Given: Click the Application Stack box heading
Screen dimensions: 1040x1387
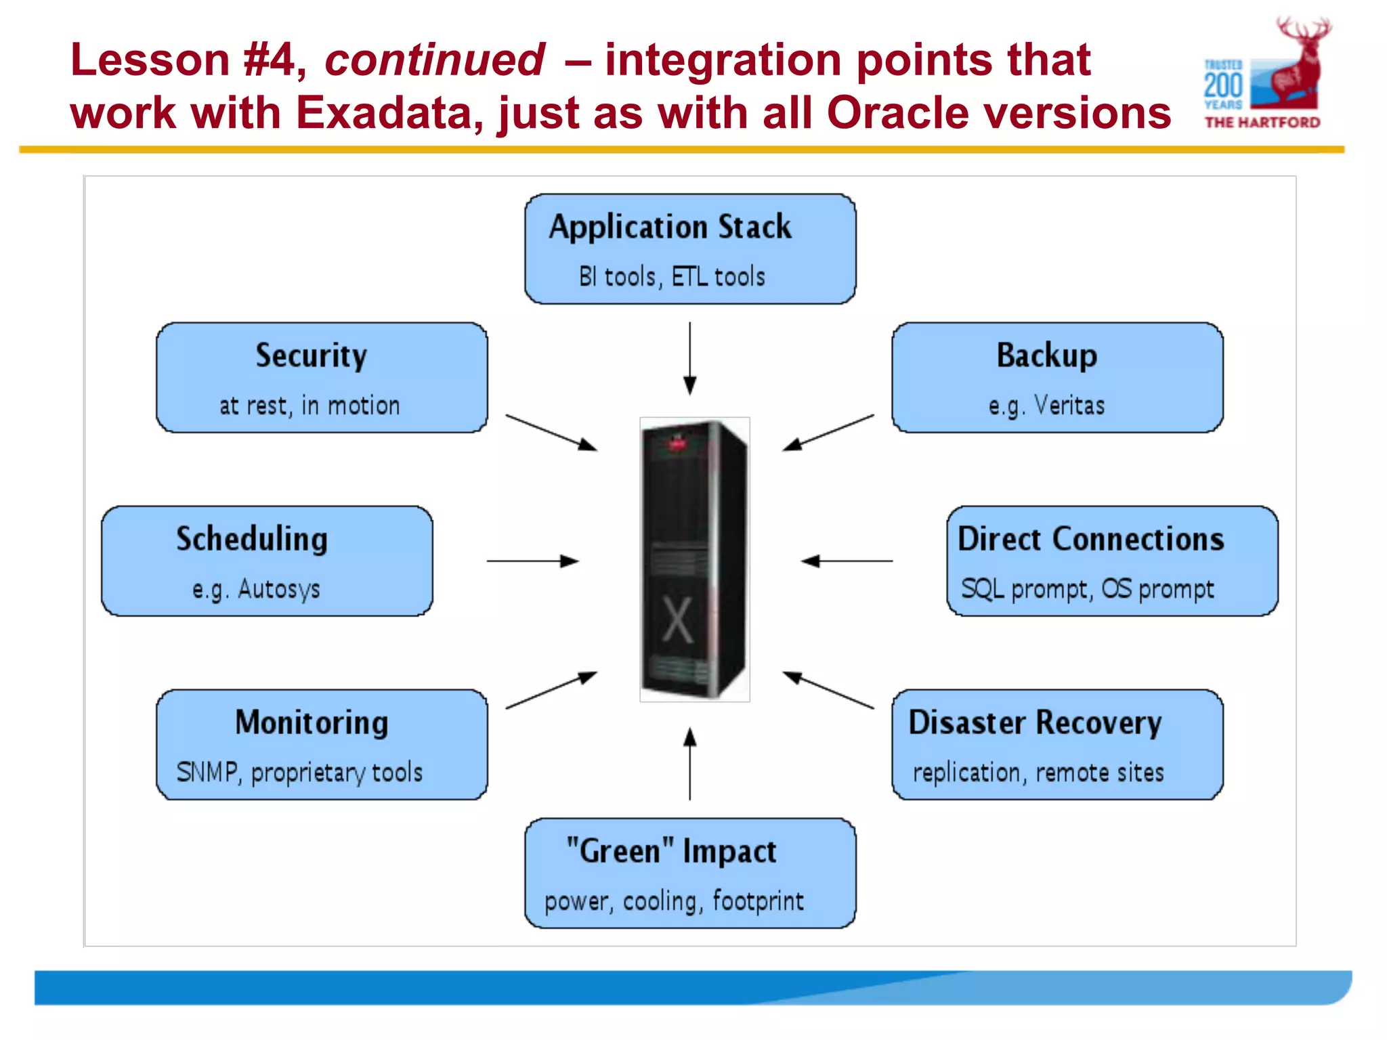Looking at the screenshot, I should (670, 227).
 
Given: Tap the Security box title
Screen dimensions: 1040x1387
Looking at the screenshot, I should (311, 355).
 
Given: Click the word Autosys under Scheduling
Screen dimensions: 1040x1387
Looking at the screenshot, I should (278, 589).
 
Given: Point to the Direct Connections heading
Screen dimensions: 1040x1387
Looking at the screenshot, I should (1090, 539).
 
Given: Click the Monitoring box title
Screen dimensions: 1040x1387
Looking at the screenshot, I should (312, 722).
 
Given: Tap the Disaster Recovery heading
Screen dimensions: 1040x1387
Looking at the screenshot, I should (1035, 722).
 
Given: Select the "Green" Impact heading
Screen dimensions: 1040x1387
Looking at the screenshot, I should (671, 851).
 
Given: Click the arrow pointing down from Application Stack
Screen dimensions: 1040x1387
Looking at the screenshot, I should (689, 358).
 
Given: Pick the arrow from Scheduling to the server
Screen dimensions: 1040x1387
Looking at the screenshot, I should (532, 561).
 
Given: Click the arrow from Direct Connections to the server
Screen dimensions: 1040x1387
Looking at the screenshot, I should (847, 561).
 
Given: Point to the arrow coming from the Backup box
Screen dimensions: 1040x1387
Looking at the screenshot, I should (828, 433).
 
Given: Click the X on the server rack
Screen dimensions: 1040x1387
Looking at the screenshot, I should (677, 620).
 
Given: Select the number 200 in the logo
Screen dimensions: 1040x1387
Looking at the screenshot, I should (1223, 85).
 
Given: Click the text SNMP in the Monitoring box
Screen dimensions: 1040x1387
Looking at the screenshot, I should (207, 773).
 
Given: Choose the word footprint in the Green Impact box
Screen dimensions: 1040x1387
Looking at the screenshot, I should (758, 901).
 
